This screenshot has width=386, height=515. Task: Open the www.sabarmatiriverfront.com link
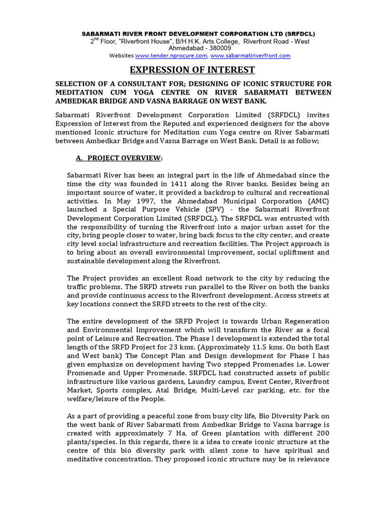250,56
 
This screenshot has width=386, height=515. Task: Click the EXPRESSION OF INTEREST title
193,70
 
